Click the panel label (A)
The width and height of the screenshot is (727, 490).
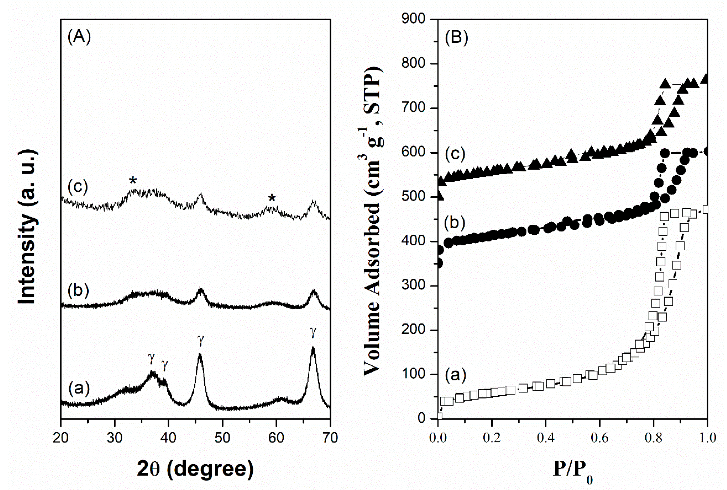tap(79, 37)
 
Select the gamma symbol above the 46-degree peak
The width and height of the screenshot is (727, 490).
tap(201, 341)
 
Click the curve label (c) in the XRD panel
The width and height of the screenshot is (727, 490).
tap(78, 187)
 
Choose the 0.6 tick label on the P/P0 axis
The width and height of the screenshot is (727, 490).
tap(599, 438)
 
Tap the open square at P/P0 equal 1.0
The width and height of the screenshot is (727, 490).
tap(706, 209)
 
